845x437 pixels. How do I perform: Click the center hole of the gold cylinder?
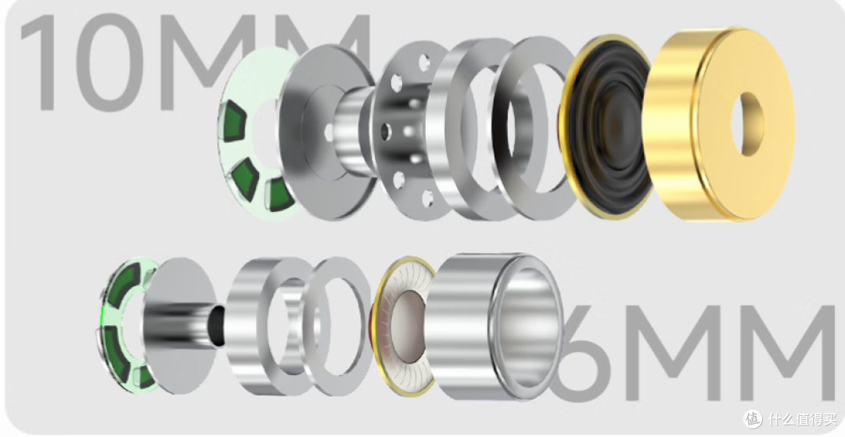(x=747, y=124)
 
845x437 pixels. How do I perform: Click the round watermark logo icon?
(x=753, y=419)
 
